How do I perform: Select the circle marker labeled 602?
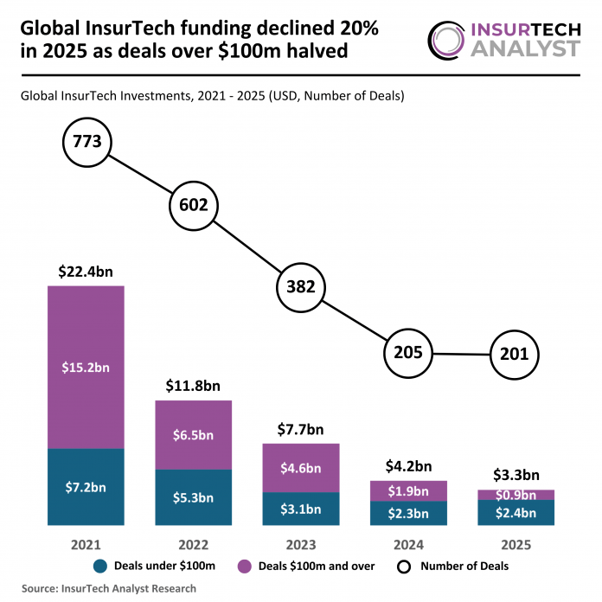(194, 205)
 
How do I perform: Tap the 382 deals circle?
(300, 287)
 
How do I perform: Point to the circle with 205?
(407, 352)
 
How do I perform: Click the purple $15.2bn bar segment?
(86, 367)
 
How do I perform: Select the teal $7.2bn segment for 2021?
(86, 486)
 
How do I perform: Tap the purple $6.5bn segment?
(193, 435)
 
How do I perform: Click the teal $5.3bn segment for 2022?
(193, 497)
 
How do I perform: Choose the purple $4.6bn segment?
(300, 468)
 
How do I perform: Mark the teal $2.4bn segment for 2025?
(515, 512)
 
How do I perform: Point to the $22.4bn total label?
(86, 272)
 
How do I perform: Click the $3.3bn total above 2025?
(515, 475)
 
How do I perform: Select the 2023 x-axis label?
(300, 546)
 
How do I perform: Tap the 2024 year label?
(407, 546)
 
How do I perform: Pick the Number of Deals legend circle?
(403, 567)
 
